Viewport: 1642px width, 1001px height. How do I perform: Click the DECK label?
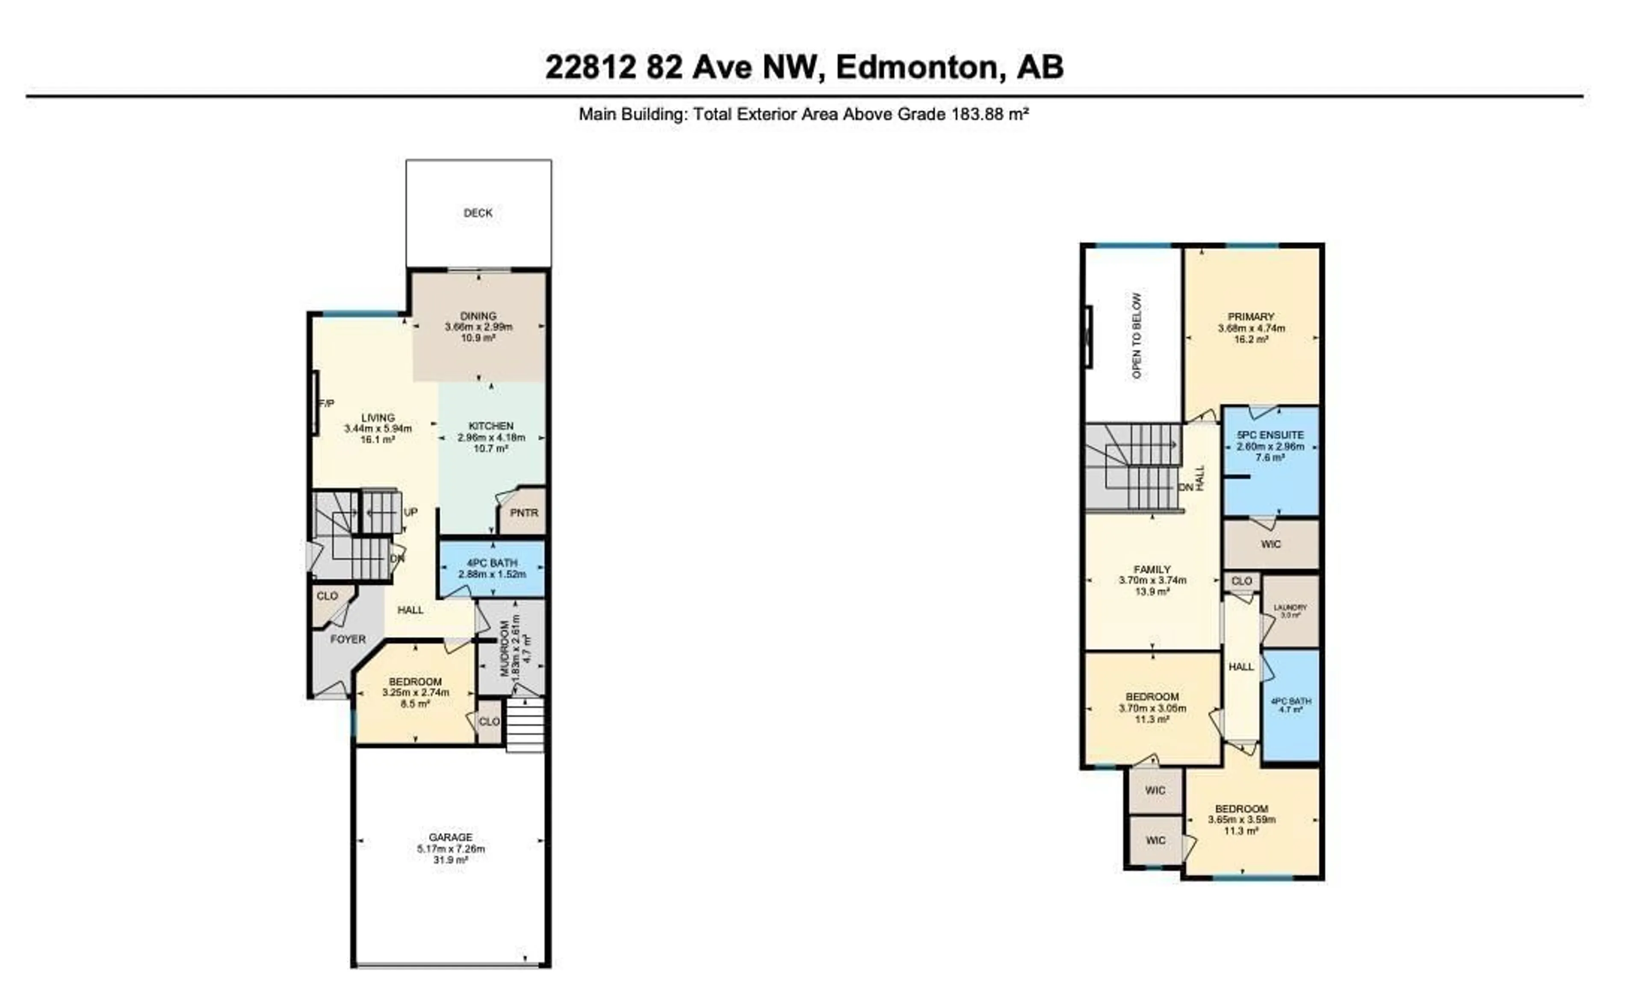478,213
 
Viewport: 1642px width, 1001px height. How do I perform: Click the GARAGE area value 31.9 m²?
451,860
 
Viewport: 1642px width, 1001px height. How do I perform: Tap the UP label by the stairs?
410,512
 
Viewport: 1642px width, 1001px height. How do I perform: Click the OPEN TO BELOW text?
1137,335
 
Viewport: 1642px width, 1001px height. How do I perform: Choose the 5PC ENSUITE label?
1270,435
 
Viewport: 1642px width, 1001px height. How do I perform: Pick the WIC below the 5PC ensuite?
1271,544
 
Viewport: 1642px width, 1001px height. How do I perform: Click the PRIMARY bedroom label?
1251,317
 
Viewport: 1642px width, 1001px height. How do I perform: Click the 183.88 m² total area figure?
989,114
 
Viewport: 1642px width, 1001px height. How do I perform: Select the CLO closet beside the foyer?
327,596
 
